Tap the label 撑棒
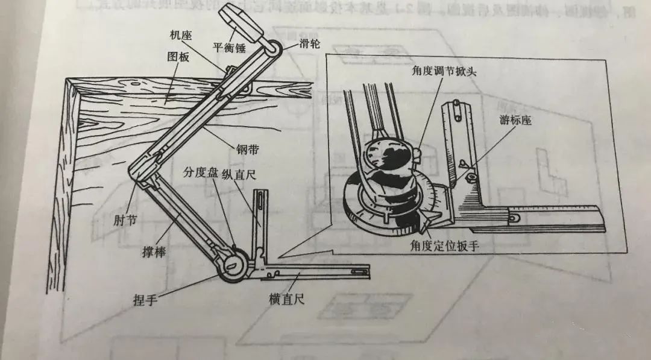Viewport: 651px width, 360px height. pos(154,252)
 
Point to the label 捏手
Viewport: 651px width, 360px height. pos(144,298)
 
